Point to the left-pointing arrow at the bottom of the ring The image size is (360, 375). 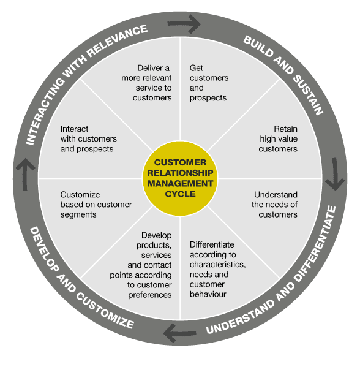178,333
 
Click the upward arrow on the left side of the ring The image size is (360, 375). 23,175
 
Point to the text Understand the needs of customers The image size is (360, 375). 275,205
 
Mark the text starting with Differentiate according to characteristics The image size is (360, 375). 217,269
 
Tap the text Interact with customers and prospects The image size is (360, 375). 86,138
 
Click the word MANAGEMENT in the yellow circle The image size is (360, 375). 179,183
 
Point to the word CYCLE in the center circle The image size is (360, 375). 179,194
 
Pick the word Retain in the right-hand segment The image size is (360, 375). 285,129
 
